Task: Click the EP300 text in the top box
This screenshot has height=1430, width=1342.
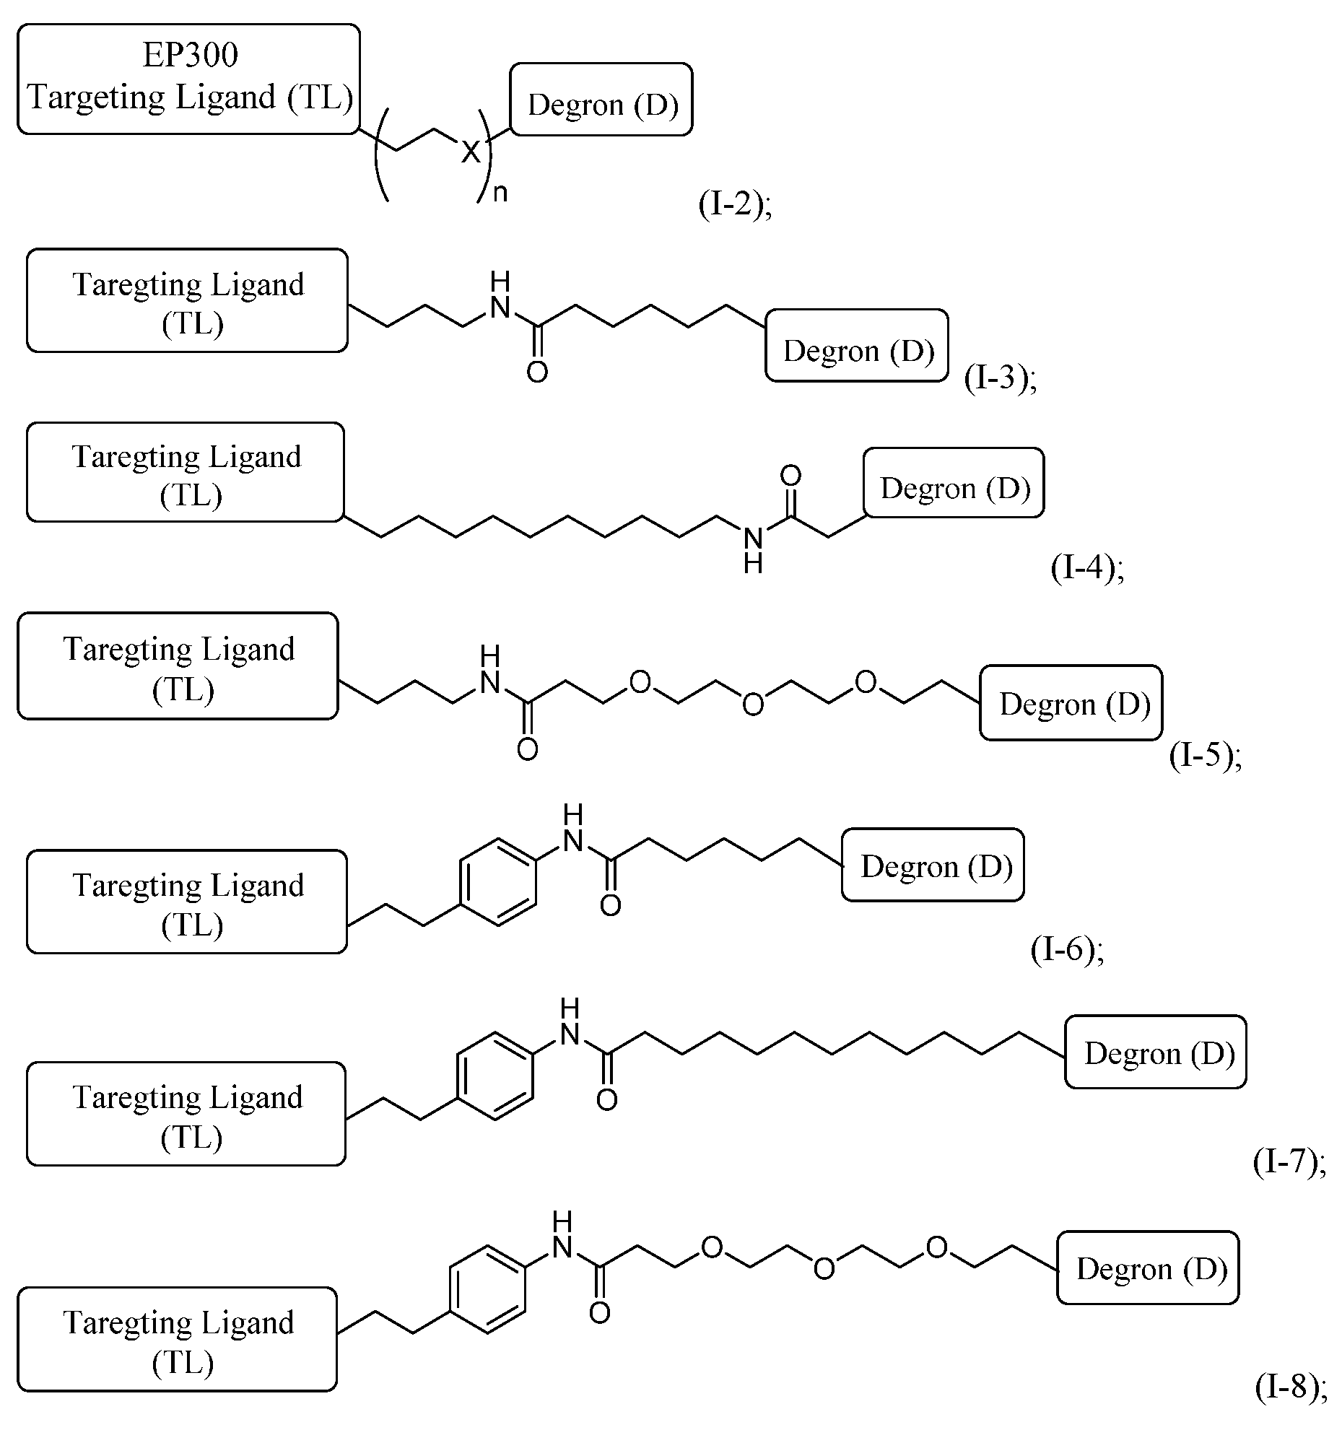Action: pos(190,55)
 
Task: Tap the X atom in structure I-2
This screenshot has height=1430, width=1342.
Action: pos(471,152)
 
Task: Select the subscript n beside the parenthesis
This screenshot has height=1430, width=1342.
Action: pos(500,193)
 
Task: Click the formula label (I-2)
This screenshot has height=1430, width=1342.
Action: pos(735,205)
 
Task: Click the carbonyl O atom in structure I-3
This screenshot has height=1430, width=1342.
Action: pos(537,372)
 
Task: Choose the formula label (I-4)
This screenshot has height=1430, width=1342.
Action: pos(1087,569)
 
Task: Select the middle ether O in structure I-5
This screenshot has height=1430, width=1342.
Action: pos(753,704)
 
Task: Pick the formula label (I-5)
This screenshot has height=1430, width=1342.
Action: pos(1205,756)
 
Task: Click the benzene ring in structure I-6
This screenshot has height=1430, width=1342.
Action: pos(498,881)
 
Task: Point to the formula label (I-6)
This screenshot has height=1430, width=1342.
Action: pos(1067,950)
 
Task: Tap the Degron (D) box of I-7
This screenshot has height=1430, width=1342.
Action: pos(1156,1052)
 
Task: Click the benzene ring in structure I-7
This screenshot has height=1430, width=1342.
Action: pos(495,1076)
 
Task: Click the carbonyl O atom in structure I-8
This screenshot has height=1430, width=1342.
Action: pos(600,1312)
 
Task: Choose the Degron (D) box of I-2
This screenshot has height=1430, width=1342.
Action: pos(601,100)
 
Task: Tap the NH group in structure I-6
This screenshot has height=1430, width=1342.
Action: pos(573,830)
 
